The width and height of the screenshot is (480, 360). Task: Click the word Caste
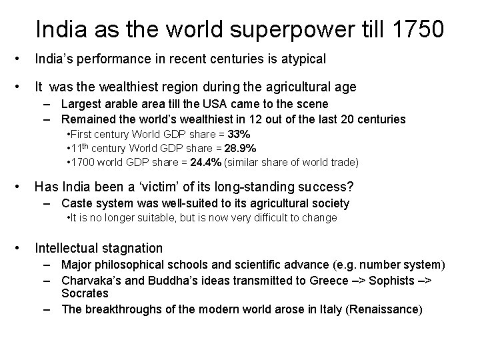click(x=77, y=203)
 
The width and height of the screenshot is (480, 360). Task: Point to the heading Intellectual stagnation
click(x=99, y=248)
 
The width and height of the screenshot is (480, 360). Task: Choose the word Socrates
click(x=85, y=293)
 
